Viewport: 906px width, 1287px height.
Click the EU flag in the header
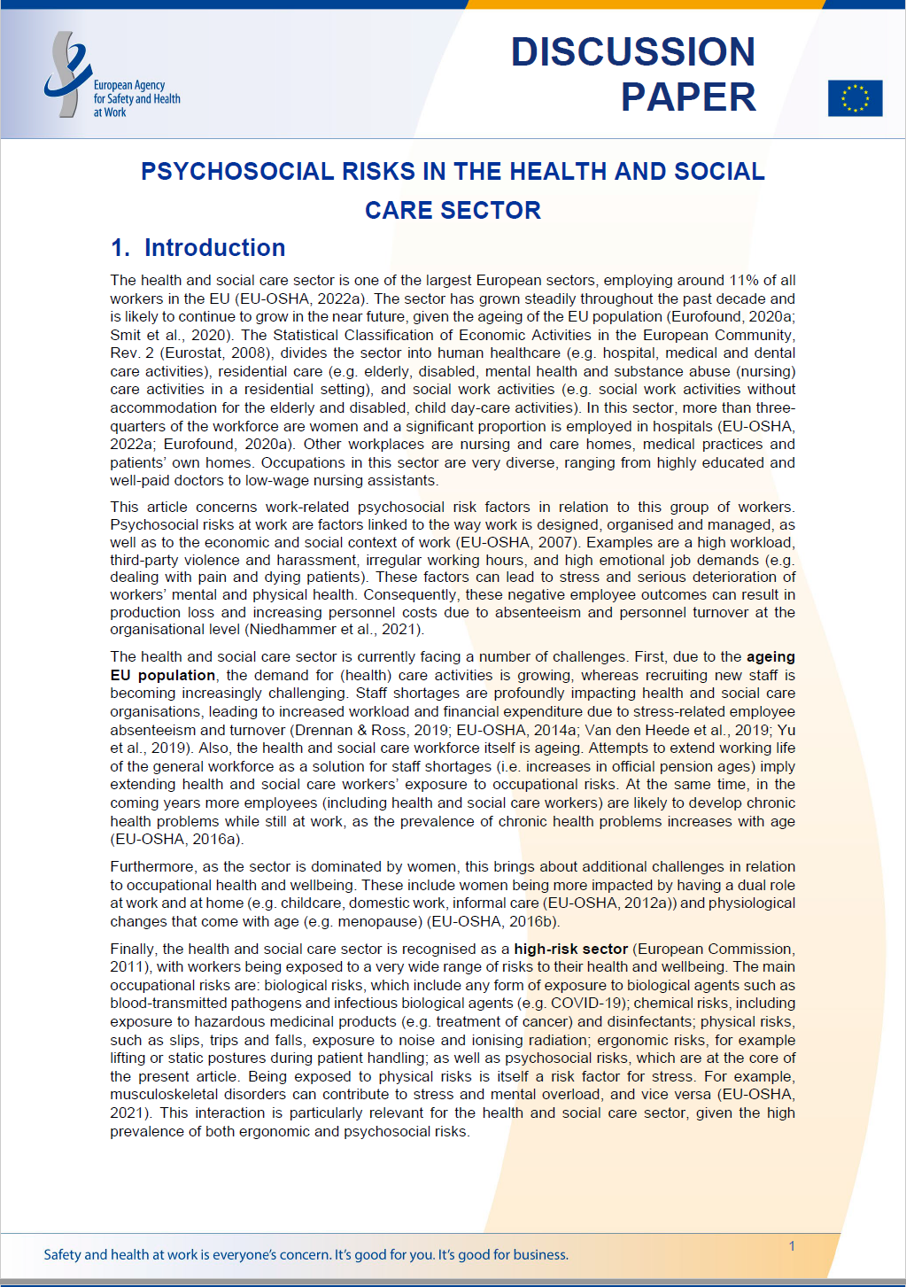[855, 98]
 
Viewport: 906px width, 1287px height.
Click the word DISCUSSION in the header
[632, 52]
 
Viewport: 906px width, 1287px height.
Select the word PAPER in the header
[688, 97]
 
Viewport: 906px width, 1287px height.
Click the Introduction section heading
[214, 248]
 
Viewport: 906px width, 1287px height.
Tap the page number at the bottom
[792, 1246]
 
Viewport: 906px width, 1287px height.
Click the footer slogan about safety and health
[306, 1254]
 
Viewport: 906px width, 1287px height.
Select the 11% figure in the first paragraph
[744, 281]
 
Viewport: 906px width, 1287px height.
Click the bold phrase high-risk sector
[570, 949]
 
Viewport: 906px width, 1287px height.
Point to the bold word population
[176, 675]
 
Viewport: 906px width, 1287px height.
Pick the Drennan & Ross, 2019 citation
[371, 730]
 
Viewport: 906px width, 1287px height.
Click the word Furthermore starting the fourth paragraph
[151, 866]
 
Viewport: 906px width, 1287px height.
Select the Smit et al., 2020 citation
[168, 335]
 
